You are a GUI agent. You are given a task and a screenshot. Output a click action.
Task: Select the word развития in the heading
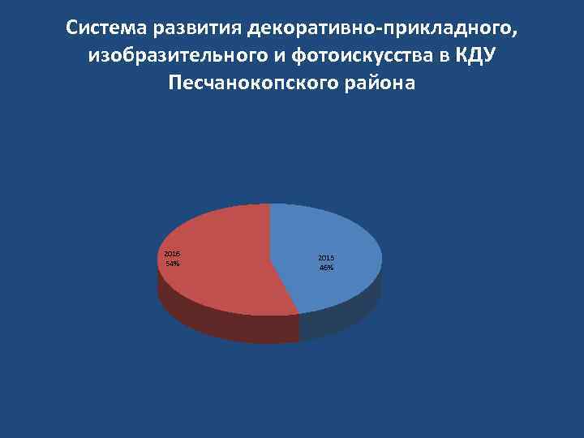pyautogui.click(x=200, y=29)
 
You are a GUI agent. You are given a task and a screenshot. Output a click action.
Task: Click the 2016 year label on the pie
pyautogui.click(x=172, y=254)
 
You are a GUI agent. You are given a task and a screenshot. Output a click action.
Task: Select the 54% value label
pyautogui.click(x=172, y=264)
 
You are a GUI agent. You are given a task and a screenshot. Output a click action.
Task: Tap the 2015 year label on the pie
pyautogui.click(x=326, y=258)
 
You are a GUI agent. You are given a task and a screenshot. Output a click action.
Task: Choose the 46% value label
pyautogui.click(x=326, y=268)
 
